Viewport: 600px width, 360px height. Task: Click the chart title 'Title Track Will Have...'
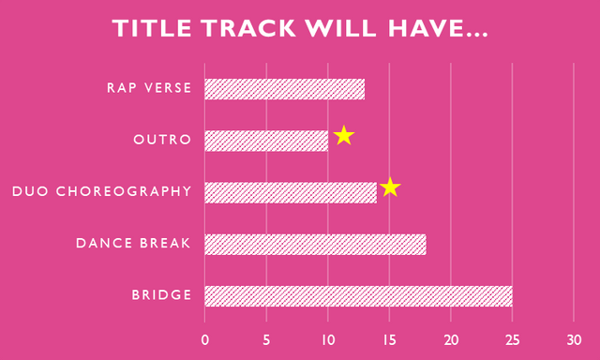pos(300,28)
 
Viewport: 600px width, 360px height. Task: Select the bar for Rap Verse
pos(285,89)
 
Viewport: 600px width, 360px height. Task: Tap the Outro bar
pos(266,141)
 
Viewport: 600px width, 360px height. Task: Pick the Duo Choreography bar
pos(291,192)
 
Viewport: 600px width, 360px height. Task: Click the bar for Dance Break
pos(315,244)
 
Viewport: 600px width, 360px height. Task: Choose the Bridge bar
pos(358,296)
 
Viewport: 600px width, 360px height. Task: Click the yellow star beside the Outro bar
pos(344,135)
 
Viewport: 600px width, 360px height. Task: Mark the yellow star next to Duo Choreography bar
pos(390,187)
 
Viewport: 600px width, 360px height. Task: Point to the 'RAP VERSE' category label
pos(149,88)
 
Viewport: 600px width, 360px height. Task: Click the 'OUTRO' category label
pos(162,140)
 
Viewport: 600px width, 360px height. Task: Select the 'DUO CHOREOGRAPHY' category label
pos(102,191)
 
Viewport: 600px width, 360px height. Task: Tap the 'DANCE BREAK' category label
pos(133,244)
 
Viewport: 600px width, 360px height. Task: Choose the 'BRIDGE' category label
pos(161,295)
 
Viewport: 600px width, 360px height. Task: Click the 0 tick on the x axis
pos(205,340)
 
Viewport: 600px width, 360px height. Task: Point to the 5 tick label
pos(266,340)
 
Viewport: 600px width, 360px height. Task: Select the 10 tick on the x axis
pos(328,340)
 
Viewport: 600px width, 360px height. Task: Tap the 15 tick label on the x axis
pos(390,340)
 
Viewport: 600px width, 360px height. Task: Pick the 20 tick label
pos(451,340)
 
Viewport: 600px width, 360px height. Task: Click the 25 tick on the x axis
pos(513,340)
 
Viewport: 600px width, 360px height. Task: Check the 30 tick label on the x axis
pos(574,340)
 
